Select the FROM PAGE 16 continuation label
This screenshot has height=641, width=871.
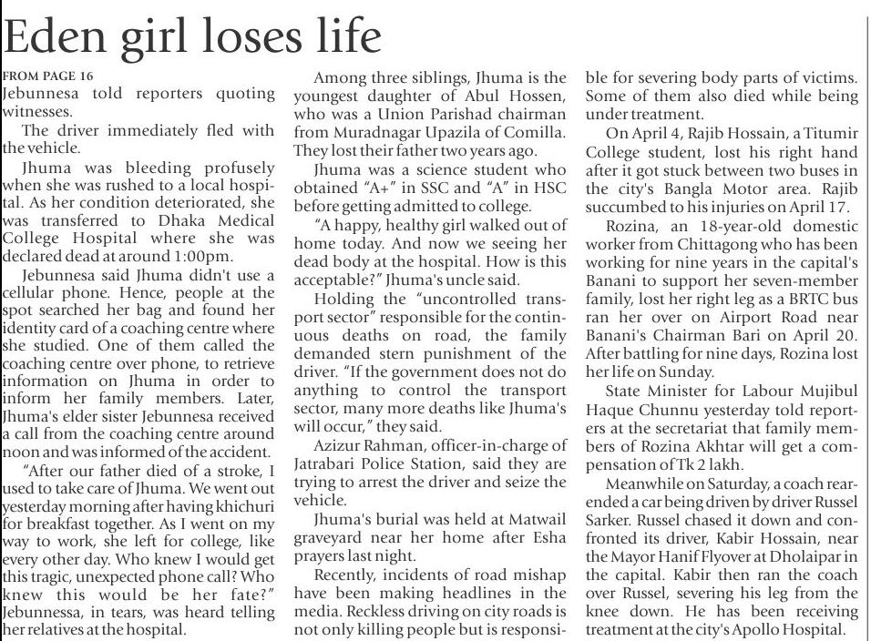pos(47,76)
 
